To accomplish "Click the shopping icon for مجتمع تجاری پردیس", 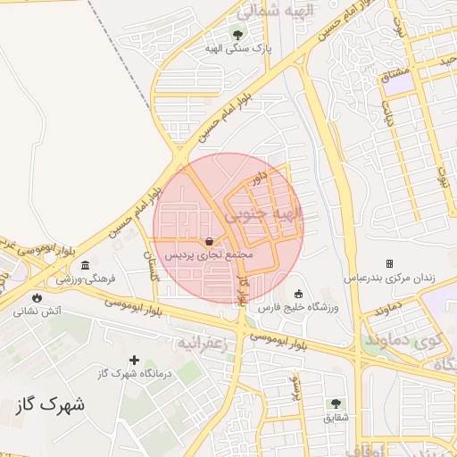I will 209,241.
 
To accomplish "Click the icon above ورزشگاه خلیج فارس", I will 298,295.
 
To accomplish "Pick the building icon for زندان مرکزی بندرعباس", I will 389,263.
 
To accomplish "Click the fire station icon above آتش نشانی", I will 37,298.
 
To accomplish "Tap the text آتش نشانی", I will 37,312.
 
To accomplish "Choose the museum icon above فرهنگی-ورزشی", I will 85,266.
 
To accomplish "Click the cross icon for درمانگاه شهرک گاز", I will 134,360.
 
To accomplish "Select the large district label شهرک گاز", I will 51,404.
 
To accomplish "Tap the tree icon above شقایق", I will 336,403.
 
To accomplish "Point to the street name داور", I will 260,179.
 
